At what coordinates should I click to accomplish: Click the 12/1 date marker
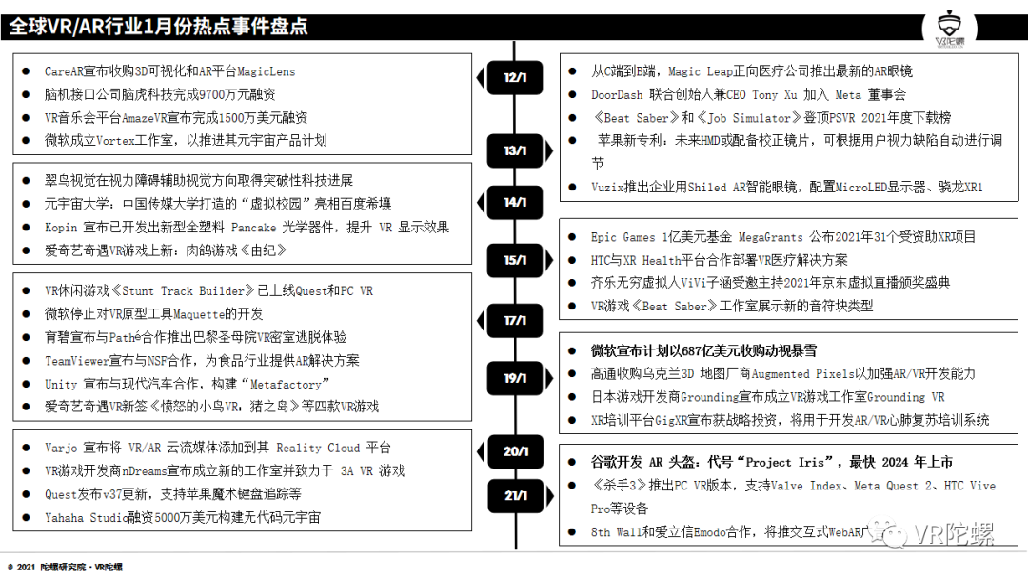(515, 77)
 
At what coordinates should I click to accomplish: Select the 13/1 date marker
(515, 150)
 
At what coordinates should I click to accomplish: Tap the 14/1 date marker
(515, 202)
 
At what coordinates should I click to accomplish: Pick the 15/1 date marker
(515, 260)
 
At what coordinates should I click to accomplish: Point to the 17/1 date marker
(515, 321)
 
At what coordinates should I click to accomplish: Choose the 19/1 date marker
(515, 378)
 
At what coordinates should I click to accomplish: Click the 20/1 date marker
(515, 451)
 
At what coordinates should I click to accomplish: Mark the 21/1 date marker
(515, 495)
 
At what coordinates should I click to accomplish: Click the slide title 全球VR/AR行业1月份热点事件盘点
(159, 27)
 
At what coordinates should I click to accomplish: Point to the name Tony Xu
(778, 94)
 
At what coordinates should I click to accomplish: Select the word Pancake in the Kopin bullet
(255, 228)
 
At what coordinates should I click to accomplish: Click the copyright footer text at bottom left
(65, 567)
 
